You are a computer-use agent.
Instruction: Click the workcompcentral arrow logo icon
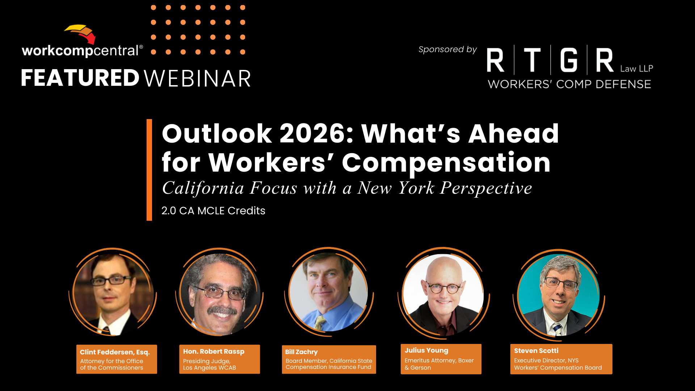coord(80,34)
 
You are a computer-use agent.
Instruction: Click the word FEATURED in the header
coord(80,78)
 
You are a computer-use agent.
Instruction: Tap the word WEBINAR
coord(197,79)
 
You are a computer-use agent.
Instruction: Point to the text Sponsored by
coord(447,50)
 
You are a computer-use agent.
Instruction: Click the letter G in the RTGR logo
coord(569,60)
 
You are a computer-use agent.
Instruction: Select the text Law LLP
coord(637,68)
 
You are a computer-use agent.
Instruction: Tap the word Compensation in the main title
coord(446,163)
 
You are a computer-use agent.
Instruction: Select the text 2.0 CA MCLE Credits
coord(213,211)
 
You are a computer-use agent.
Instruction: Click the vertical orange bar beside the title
coord(149,170)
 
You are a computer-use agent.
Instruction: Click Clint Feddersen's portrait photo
coord(113,294)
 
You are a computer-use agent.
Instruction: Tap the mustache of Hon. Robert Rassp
coord(222,311)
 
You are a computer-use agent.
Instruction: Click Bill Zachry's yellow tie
coord(320,323)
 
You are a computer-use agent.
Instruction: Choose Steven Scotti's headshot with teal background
coord(558,295)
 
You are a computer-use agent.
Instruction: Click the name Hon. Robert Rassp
coord(214,352)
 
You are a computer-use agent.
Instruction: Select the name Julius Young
coord(426,350)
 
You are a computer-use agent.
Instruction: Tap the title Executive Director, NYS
coord(546,361)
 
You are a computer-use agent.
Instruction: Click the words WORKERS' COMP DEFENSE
coord(569,84)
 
